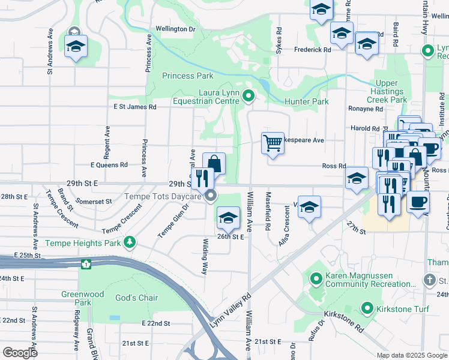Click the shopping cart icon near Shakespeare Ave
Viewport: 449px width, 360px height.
point(273,143)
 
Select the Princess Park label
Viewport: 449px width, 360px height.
point(187,76)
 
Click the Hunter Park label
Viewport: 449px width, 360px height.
point(306,101)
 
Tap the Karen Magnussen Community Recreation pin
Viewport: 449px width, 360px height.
point(317,278)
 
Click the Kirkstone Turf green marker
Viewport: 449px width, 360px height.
point(368,308)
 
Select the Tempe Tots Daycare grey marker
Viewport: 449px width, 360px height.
point(211,196)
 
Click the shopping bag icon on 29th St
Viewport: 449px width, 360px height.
point(214,163)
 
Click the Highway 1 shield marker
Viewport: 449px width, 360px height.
point(87,263)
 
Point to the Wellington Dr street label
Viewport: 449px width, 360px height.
point(176,29)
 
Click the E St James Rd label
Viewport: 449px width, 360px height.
point(135,107)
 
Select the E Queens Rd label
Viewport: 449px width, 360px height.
point(109,164)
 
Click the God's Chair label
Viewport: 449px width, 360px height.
point(136,298)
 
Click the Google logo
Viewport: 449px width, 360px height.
point(20,352)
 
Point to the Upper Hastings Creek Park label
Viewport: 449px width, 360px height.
point(391,91)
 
